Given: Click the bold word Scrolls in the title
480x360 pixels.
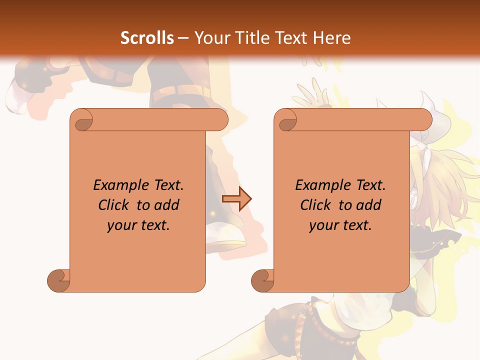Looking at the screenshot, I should coord(147,38).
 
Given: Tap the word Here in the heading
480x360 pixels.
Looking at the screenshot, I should coord(332,38).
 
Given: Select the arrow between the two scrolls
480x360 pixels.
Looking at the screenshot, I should coord(236,199).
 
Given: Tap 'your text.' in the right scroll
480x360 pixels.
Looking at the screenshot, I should coord(340,225).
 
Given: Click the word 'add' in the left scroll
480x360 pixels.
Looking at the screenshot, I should coord(167,205).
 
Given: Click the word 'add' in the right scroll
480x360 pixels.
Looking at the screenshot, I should coord(369,205).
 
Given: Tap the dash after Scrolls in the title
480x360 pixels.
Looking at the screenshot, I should coord(183,38).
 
